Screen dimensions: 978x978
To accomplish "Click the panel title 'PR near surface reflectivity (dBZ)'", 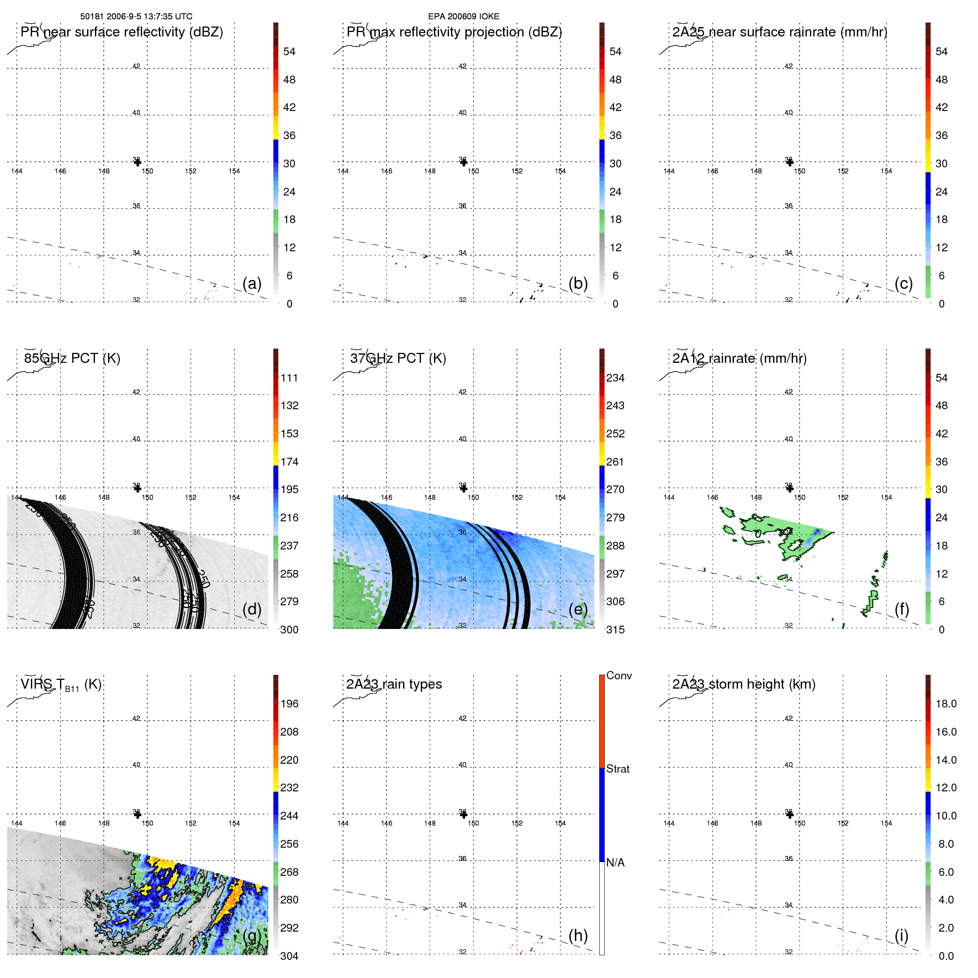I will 121,32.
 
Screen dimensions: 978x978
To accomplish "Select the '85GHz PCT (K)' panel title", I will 72,358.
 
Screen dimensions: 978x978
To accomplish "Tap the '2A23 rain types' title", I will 394,684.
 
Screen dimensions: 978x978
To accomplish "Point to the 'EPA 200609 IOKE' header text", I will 463,17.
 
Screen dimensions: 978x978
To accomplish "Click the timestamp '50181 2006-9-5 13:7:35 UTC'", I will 136,17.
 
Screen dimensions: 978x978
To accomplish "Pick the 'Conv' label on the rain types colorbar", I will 618,675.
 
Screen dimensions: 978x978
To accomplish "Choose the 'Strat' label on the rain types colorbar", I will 617,769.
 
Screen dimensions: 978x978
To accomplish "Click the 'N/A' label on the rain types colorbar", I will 615,863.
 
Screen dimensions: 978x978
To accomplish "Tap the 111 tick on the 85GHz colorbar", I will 289,378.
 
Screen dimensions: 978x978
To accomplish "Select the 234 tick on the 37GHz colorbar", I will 615,378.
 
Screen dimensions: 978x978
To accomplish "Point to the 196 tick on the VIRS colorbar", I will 289,704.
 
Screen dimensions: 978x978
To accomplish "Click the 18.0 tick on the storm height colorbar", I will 945,704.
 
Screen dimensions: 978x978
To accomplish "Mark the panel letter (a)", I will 252,283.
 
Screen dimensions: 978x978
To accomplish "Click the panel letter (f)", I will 902,609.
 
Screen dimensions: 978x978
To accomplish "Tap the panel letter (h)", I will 578,935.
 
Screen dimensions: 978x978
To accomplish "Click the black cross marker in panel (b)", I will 463,162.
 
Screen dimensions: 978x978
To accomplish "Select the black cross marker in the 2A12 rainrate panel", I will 789,488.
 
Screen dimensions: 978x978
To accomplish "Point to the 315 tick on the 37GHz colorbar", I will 615,630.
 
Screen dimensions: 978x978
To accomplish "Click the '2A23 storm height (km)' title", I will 743,684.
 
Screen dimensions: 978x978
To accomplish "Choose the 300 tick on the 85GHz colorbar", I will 289,630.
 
